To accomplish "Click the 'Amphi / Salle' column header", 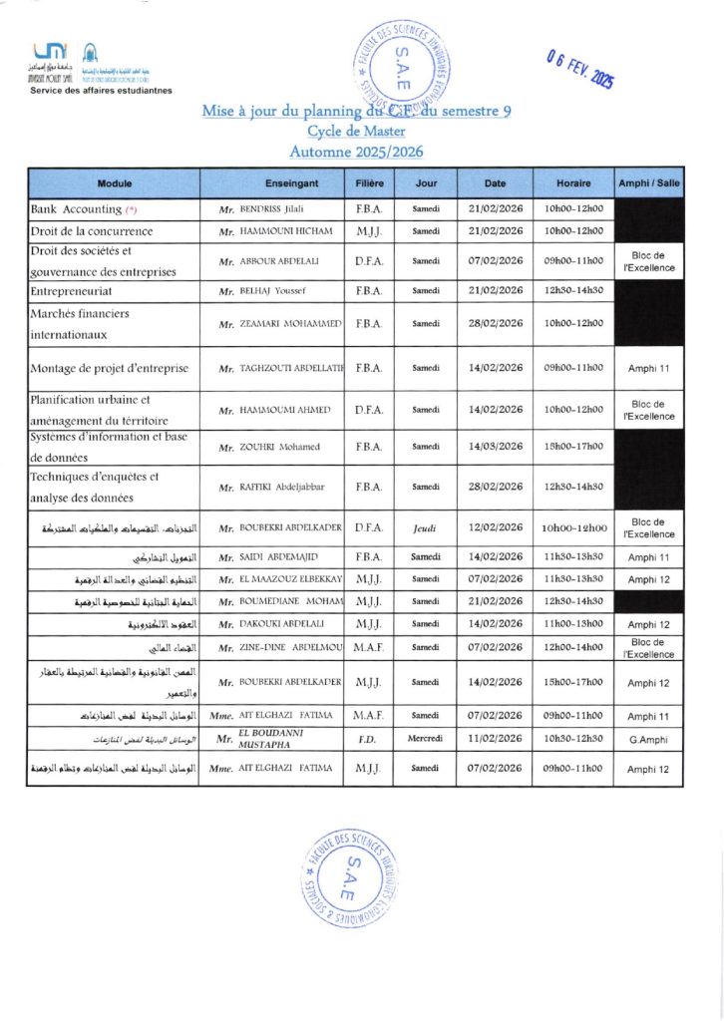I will tap(648, 183).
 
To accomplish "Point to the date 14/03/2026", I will tap(496, 446).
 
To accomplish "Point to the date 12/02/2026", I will tap(496, 527).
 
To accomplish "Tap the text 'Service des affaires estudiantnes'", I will tap(101, 90).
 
